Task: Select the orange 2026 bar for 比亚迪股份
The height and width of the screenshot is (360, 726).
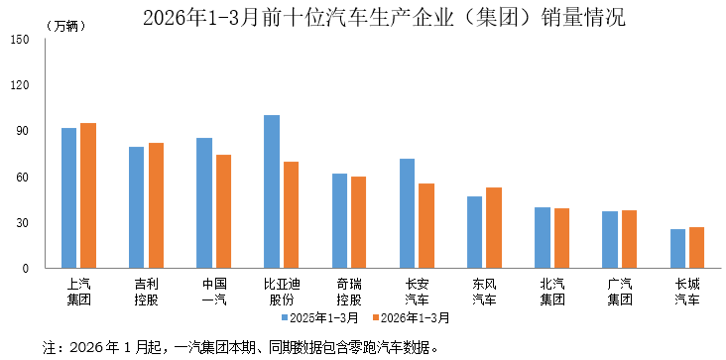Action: pos(291,215)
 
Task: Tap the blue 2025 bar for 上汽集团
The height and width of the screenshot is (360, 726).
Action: pos(68,198)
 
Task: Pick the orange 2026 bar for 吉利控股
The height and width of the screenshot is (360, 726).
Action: pos(156,205)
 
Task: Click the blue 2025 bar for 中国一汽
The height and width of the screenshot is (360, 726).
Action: pos(204,203)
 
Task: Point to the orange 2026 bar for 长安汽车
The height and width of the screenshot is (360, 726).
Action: pos(426,226)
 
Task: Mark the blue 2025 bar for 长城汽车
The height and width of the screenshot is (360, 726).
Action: pos(677,249)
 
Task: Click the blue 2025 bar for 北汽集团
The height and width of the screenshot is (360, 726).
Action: pos(543,238)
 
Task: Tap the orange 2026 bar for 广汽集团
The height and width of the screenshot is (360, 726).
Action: pos(629,239)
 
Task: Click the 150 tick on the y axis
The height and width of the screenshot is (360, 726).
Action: pos(21,40)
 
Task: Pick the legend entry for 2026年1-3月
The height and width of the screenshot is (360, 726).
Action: pos(411,318)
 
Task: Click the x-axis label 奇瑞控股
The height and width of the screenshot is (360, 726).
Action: pos(349,291)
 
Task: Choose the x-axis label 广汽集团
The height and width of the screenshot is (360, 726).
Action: pos(620,291)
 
